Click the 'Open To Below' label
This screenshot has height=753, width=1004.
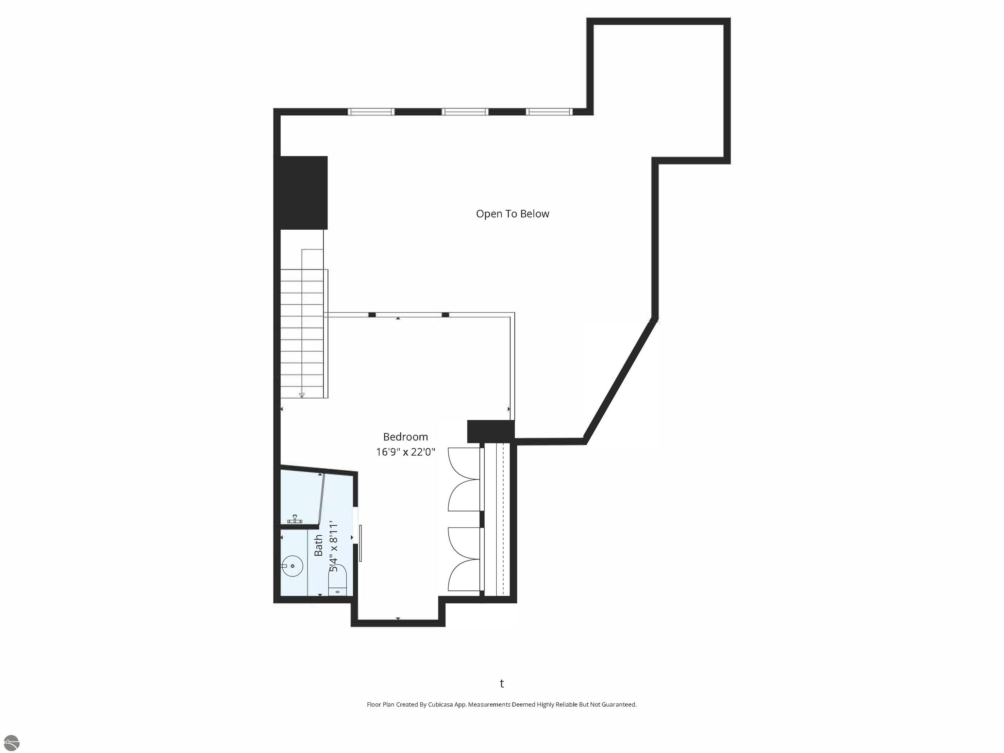click(x=512, y=214)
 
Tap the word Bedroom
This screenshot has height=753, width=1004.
click(x=405, y=437)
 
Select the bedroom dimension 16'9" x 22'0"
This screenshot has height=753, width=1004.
click(x=405, y=452)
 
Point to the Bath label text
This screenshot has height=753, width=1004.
click(x=319, y=545)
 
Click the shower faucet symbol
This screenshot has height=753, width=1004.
click(x=295, y=520)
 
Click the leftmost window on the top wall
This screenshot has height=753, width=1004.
click(x=371, y=112)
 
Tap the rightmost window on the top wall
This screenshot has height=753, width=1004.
click(x=549, y=112)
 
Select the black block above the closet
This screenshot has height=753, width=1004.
click(x=491, y=431)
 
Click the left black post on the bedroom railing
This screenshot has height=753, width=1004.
click(x=372, y=314)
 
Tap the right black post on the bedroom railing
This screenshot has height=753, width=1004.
click(x=445, y=314)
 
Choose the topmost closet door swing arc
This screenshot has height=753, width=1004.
click(x=463, y=463)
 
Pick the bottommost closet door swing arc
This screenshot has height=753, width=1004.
click(x=463, y=575)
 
